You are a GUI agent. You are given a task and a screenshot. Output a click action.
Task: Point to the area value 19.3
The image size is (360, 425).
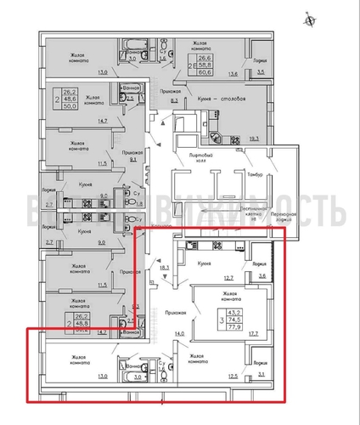coord(256,137)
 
